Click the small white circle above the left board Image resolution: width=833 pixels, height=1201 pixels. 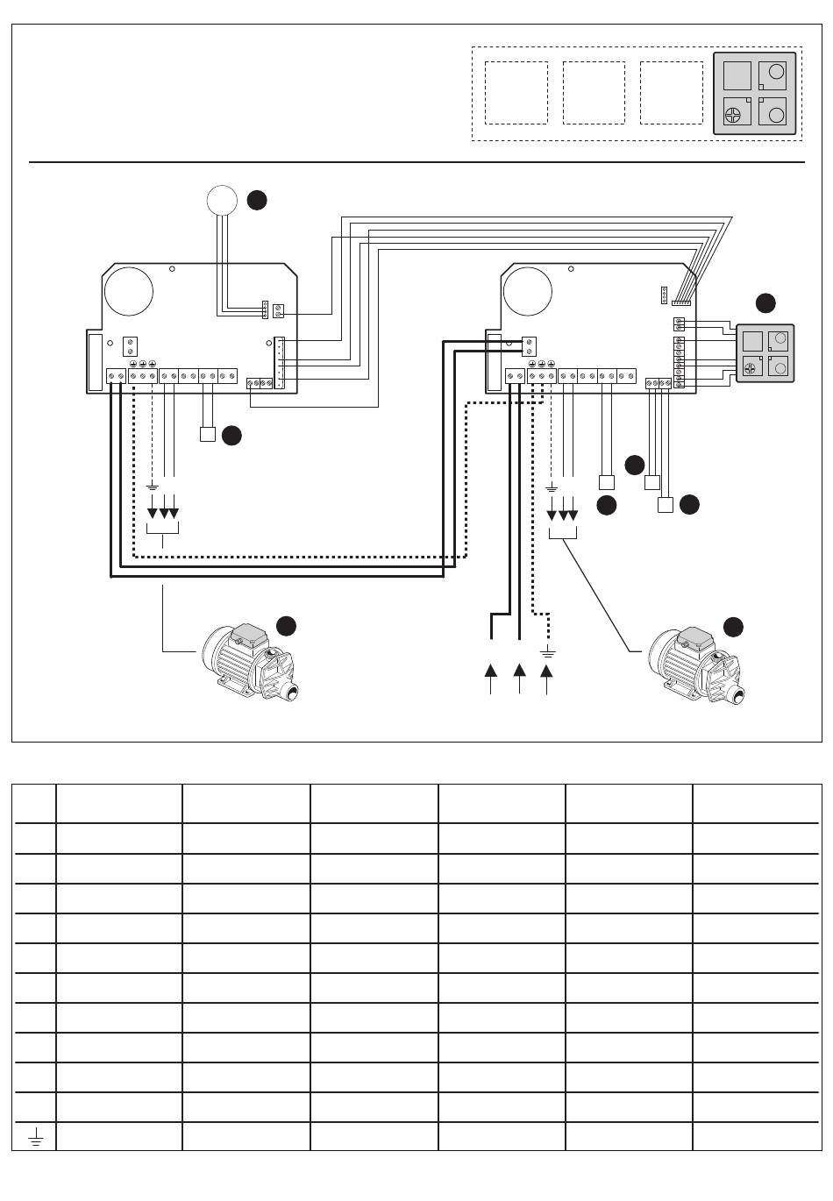(x=222, y=200)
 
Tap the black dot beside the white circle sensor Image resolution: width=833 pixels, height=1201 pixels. (x=256, y=200)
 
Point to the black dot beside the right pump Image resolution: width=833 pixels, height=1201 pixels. (x=733, y=626)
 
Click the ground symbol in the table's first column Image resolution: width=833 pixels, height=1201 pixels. (x=35, y=1138)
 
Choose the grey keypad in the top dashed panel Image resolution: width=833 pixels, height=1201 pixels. (x=755, y=94)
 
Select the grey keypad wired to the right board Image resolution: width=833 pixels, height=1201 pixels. (x=764, y=352)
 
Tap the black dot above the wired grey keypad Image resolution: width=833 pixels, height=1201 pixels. (x=765, y=303)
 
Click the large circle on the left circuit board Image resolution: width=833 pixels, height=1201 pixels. (x=129, y=292)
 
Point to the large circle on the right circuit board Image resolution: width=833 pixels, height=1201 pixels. (x=528, y=292)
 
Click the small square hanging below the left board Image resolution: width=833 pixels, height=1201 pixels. (x=208, y=434)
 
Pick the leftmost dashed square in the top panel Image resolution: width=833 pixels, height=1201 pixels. (x=516, y=93)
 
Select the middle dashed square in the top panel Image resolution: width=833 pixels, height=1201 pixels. (x=594, y=93)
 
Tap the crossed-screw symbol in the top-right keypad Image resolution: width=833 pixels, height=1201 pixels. (x=734, y=113)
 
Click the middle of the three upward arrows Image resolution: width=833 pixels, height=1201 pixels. (x=519, y=672)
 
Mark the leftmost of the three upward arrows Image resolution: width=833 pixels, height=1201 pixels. (x=490, y=672)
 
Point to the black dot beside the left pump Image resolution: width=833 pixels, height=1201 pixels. (x=286, y=626)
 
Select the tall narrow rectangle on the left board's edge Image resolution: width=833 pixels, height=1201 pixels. (x=95, y=361)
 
